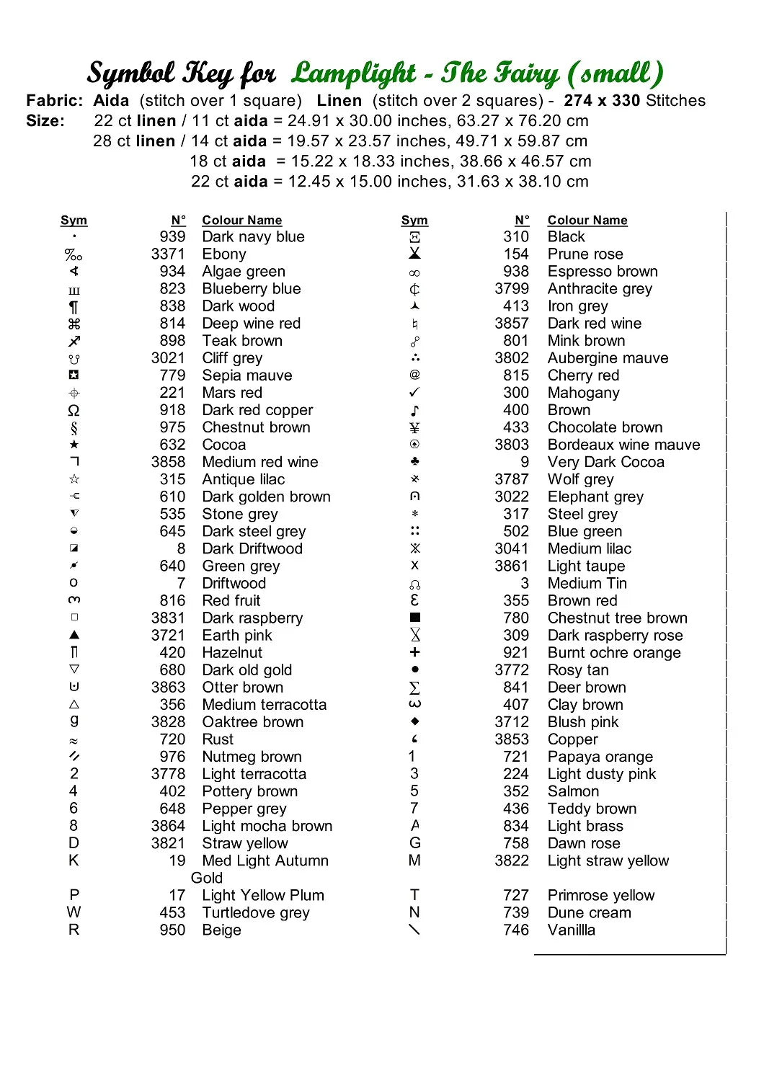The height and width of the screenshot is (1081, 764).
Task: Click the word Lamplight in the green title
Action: pos(354,73)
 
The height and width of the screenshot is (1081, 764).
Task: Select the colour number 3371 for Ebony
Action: pos(168,254)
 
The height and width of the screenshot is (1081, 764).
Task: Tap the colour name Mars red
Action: pos(232,393)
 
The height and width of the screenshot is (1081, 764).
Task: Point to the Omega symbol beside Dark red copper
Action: pos(74,411)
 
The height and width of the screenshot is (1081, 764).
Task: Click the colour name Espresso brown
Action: pos(603,272)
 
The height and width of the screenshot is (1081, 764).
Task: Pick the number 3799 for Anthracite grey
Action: pos(512,289)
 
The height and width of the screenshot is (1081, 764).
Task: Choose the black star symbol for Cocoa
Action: pos(74,445)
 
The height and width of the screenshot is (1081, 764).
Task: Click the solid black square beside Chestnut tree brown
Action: pos(414,618)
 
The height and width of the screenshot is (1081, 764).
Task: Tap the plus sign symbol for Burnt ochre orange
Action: pos(414,652)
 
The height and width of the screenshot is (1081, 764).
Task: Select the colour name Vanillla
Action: pos(572,930)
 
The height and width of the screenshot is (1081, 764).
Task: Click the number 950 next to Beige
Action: pos(172,930)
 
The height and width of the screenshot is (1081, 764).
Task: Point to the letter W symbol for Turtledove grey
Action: pos(74,912)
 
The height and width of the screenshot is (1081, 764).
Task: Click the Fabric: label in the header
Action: pos(55,101)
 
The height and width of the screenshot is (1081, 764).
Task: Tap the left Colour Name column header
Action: pos(241,221)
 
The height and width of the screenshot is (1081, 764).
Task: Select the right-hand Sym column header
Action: pos(414,221)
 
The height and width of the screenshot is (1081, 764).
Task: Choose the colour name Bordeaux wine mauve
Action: pos(623,445)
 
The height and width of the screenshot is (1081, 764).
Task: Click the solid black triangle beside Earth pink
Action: pos(74,635)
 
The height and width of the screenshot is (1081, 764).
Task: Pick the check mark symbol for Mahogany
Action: pos(414,393)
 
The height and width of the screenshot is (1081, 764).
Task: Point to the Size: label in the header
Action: pos(45,121)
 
